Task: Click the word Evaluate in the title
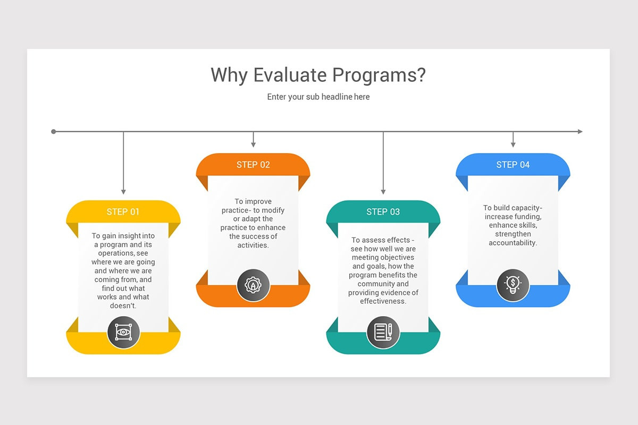(x=290, y=75)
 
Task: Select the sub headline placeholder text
(x=318, y=97)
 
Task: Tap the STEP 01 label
(x=123, y=211)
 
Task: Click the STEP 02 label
(x=253, y=165)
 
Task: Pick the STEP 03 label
(x=383, y=212)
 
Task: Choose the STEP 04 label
(x=513, y=165)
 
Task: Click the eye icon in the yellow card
(x=123, y=332)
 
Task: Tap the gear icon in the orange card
(x=253, y=285)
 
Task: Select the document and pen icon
(x=383, y=332)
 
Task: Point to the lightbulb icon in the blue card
(x=513, y=285)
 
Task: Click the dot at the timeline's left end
(x=54, y=131)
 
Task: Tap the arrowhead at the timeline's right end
(x=580, y=131)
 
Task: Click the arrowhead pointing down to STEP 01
(x=123, y=192)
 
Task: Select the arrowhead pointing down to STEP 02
(x=253, y=144)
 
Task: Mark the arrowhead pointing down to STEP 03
(x=383, y=192)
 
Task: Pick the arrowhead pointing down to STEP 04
(x=513, y=144)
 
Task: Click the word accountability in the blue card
(x=513, y=243)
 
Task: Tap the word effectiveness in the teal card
(x=383, y=301)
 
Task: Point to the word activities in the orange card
(x=253, y=245)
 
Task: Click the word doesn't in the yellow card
(x=123, y=306)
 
